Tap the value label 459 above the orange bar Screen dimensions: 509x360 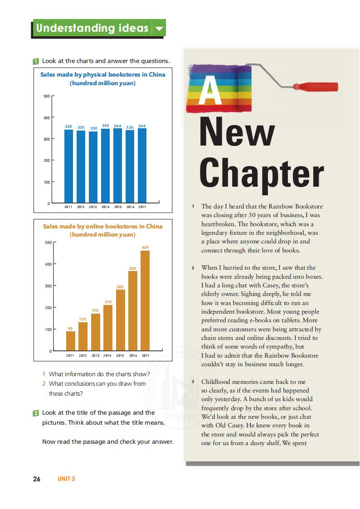click(x=145, y=247)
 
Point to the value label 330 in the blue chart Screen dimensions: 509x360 click(x=93, y=128)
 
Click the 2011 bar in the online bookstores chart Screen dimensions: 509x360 click(x=71, y=341)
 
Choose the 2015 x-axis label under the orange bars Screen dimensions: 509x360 click(x=120, y=356)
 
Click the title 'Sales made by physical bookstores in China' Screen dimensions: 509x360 click(x=103, y=74)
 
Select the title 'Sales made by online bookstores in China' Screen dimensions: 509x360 click(x=103, y=226)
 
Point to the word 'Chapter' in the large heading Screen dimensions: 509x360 click(x=262, y=174)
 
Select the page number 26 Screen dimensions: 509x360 click(x=37, y=479)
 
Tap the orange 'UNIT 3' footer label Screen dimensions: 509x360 click(x=66, y=479)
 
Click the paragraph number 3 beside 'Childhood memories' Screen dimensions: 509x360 click(x=193, y=382)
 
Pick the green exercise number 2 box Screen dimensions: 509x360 click(x=36, y=413)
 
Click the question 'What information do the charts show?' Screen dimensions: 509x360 click(x=99, y=374)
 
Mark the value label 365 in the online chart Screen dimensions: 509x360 click(x=132, y=268)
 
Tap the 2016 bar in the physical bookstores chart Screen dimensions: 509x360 click(x=130, y=166)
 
